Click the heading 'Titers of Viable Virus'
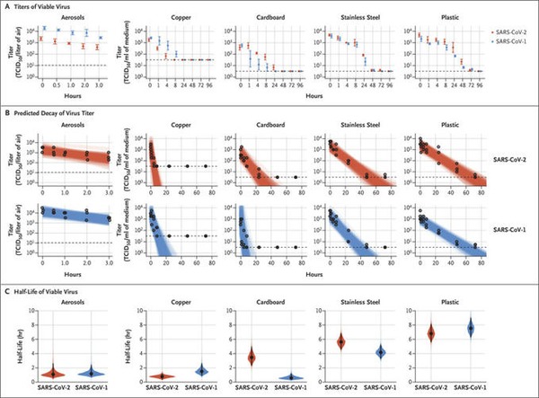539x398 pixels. pyautogui.click(x=44, y=7)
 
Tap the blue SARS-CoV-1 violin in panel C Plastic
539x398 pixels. pyautogui.click(x=469, y=329)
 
